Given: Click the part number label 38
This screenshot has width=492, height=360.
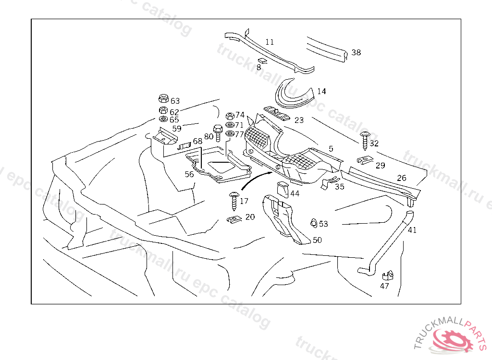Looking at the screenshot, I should [356, 52].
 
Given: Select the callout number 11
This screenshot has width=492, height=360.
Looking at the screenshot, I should [270, 42].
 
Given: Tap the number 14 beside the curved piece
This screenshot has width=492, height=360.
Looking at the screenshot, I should [321, 91].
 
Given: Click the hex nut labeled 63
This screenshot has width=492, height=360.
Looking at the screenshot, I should [163, 99].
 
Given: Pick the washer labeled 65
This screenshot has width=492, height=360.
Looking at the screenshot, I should [163, 119].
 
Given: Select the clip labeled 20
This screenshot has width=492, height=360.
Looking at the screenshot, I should [233, 220].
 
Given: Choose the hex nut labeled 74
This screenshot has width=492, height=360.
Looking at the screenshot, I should [229, 116].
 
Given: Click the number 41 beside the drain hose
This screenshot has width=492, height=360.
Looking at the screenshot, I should [412, 230].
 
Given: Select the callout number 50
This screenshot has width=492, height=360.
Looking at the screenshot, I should [317, 240].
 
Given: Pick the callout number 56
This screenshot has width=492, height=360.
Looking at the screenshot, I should [189, 174].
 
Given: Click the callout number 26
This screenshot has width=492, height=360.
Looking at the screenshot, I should [402, 178].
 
